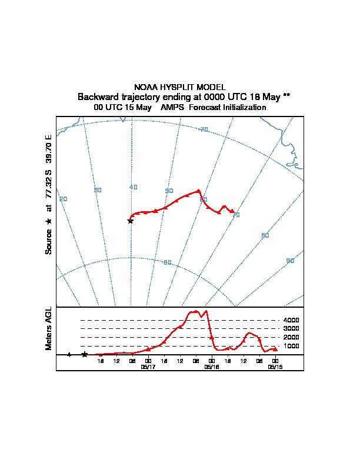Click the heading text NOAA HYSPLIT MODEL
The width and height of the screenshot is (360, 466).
180,87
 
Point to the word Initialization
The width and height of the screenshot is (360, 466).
242,108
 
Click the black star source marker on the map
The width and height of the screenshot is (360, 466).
131,221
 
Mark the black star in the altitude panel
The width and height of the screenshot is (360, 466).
85,354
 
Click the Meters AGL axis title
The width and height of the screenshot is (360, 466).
49,329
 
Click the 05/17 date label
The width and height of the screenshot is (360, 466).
148,367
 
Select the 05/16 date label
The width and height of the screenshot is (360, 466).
212,367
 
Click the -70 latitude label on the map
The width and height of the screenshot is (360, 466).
204,129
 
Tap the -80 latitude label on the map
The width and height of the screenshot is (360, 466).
167,262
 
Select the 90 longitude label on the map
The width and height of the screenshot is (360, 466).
290,261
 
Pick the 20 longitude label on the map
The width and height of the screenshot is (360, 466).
63,199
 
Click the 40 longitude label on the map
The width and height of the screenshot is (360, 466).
133,187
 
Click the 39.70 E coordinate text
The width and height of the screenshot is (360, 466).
49,149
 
